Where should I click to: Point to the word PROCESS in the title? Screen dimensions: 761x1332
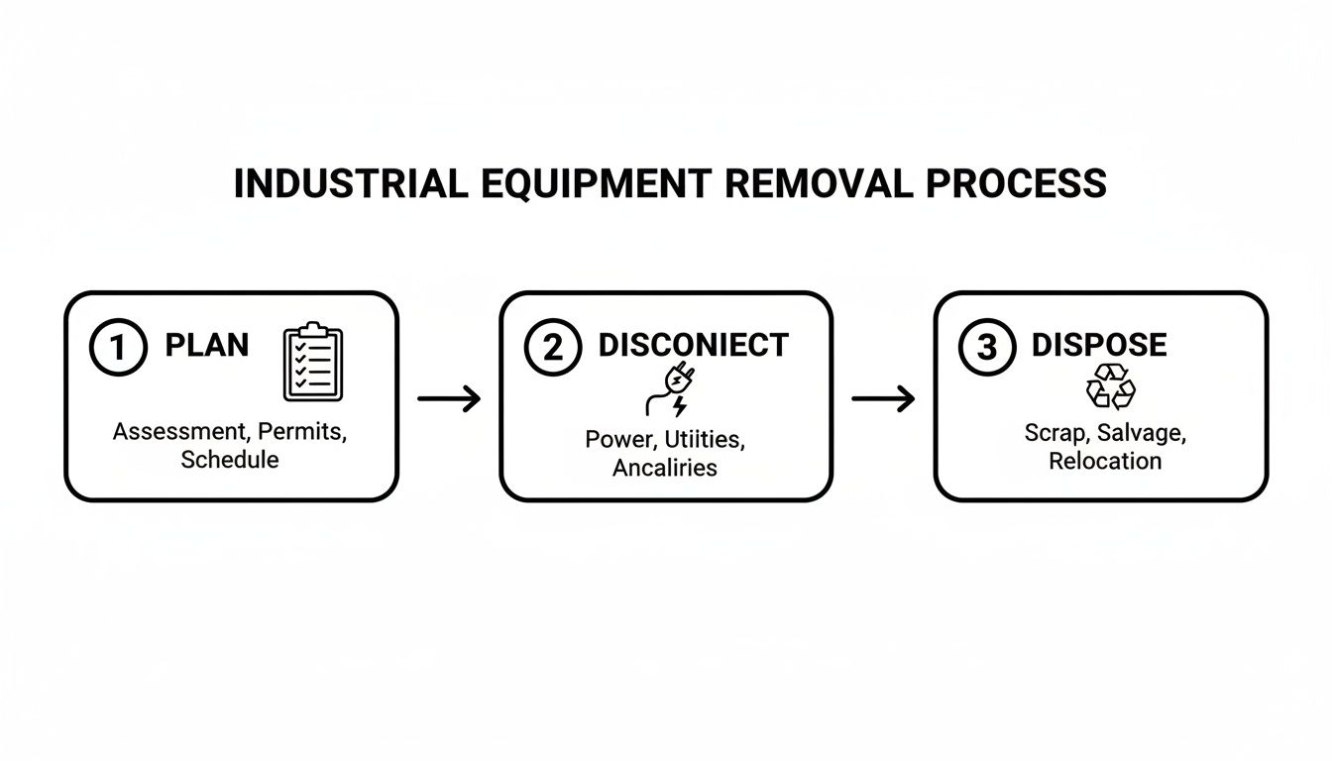pos(1024,184)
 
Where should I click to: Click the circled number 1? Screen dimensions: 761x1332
pos(118,348)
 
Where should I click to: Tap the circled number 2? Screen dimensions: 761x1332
pos(552,348)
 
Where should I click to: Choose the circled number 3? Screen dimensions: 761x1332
pos(986,348)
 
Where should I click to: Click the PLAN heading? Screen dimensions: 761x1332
pos(207,346)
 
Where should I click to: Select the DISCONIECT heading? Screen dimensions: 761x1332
pos(694,346)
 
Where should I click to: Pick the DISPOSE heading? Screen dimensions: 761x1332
pos(1099,346)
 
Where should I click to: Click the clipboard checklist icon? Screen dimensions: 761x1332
pos(313,362)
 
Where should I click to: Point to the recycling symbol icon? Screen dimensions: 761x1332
pos(1111,387)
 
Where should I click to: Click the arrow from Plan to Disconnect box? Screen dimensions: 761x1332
pos(449,399)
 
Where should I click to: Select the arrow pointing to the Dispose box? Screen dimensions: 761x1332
pos(883,399)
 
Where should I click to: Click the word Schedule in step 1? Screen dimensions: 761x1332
pos(230,460)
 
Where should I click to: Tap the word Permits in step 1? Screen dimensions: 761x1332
pos(303,433)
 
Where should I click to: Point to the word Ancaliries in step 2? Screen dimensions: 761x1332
pos(665,468)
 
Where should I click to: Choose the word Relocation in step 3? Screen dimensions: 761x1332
pos(1105,461)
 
